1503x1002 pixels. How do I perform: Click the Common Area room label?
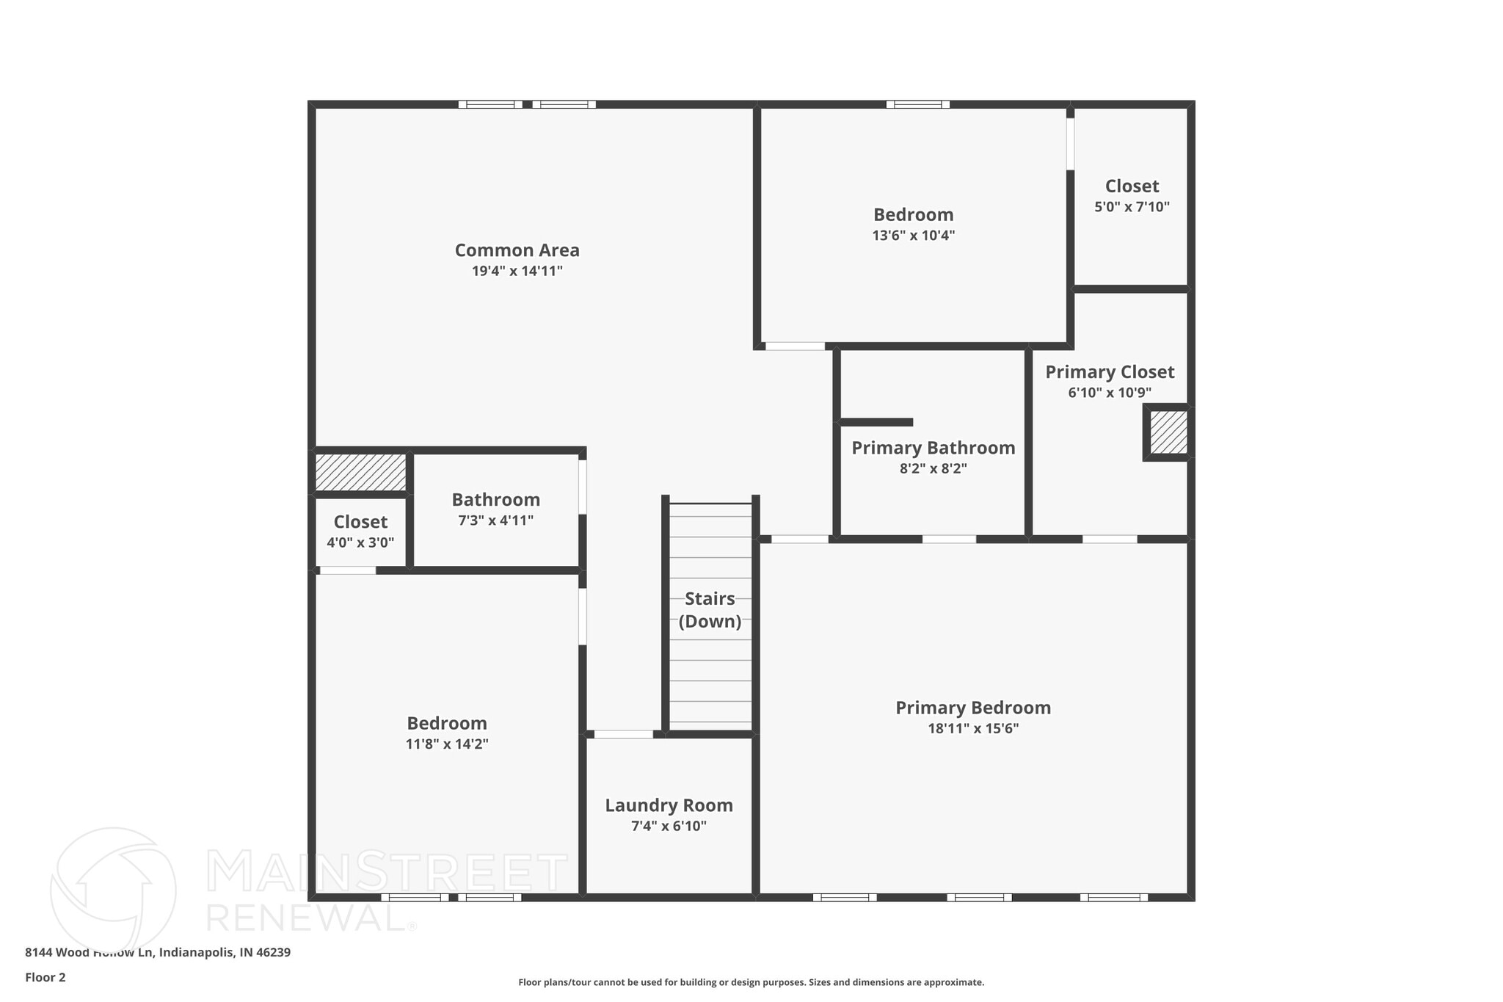(x=517, y=250)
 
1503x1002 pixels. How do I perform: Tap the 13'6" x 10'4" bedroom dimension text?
(x=913, y=236)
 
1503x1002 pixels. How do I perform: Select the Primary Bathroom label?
(x=933, y=448)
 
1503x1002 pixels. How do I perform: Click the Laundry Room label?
(x=669, y=805)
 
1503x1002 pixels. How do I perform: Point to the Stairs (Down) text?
(x=710, y=610)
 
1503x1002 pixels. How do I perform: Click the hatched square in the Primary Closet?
(x=1168, y=432)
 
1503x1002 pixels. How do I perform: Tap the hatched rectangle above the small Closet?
(x=360, y=472)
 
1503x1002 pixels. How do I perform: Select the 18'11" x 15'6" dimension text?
(x=973, y=729)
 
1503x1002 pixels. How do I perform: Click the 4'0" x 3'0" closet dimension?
(x=360, y=543)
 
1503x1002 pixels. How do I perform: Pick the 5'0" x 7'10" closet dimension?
(x=1132, y=207)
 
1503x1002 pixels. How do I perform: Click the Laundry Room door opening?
(x=623, y=734)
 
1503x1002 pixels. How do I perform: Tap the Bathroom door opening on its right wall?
(x=583, y=487)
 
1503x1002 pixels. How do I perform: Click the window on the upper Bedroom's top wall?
(x=917, y=104)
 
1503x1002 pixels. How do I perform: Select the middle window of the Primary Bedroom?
(x=979, y=897)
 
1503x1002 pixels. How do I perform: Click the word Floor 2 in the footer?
(x=46, y=977)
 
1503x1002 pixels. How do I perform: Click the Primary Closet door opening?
(x=1110, y=539)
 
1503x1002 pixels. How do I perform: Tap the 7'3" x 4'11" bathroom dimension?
(x=495, y=520)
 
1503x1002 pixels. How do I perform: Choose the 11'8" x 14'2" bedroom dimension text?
(x=447, y=744)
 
